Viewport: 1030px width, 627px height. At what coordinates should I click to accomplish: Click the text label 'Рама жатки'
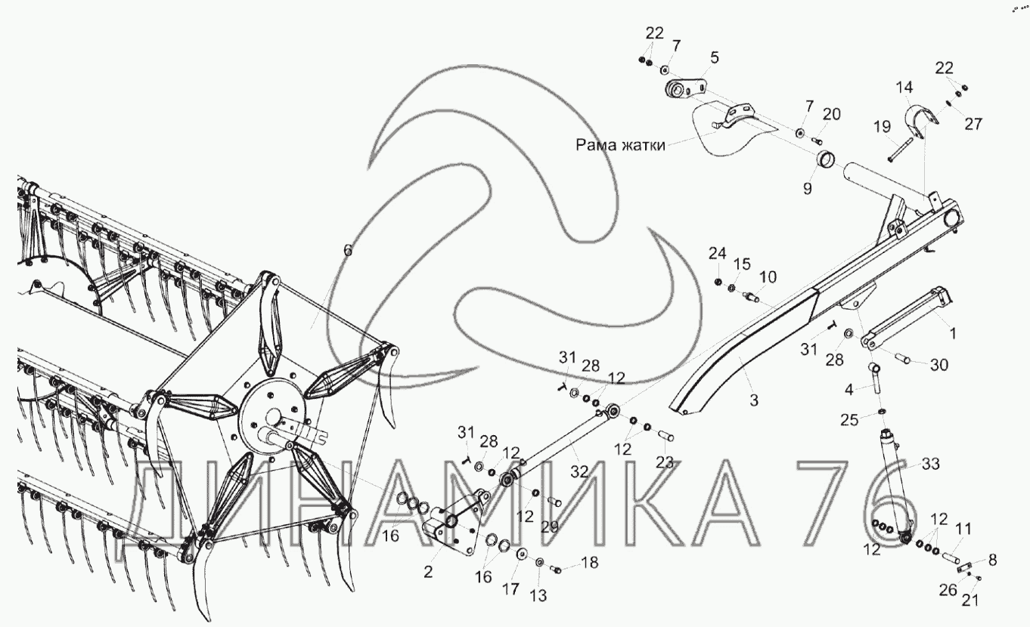[x=620, y=145]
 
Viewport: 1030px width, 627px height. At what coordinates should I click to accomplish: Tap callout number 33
[x=930, y=464]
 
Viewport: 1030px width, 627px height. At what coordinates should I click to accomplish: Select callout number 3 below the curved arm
[x=754, y=400]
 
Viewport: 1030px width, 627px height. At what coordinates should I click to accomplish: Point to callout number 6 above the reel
[x=348, y=250]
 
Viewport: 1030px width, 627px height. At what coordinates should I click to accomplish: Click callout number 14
[x=904, y=88]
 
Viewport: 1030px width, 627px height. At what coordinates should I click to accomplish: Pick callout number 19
[x=882, y=126]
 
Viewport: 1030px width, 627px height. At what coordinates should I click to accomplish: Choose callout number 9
[x=808, y=188]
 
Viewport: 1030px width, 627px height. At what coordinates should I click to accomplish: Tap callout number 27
[x=973, y=124]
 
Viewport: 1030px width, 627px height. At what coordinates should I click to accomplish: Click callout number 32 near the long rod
[x=579, y=471]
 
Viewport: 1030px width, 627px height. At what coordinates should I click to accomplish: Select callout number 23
[x=665, y=462]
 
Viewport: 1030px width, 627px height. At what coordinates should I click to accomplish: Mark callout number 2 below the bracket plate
[x=428, y=572]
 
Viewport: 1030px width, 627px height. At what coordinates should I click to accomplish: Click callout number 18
[x=590, y=563]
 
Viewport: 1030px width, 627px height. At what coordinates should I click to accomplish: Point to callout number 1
[x=953, y=333]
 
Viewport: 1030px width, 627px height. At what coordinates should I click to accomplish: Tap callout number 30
[x=939, y=365]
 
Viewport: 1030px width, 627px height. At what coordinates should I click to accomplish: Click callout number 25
[x=849, y=420]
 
